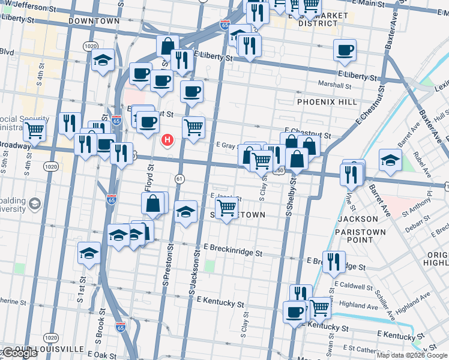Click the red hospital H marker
[x=168, y=140]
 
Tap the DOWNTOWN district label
[x=94, y=21]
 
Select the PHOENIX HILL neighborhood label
[x=323, y=102]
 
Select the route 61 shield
[x=179, y=179]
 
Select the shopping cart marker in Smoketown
[x=226, y=208]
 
